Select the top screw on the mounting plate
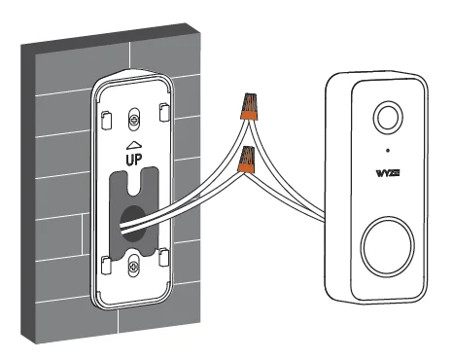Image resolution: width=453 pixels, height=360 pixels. click(x=134, y=121)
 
